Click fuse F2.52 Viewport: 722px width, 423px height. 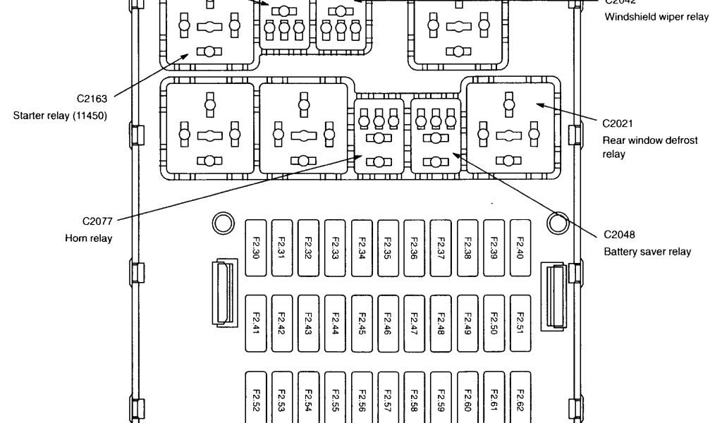click(255, 398)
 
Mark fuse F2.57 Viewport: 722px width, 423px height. click(387, 398)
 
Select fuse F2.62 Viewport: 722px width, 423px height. click(520, 398)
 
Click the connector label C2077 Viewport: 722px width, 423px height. click(97, 221)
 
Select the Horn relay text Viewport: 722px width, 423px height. click(89, 238)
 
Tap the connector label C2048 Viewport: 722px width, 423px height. click(618, 234)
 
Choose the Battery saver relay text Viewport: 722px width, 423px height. click(647, 252)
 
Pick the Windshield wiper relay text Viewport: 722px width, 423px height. click(656, 17)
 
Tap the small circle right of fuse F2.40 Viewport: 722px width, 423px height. click(556, 223)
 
